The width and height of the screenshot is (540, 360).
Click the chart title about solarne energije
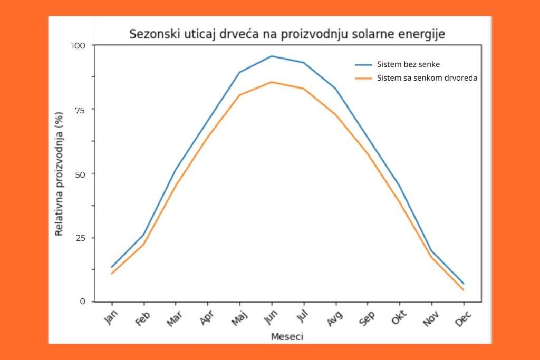[287, 35]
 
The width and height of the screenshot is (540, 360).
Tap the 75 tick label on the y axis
[80, 109]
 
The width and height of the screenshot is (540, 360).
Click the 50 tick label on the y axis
[80, 173]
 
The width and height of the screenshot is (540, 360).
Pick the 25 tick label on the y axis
[80, 238]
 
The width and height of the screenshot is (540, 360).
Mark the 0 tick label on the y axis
[82, 301]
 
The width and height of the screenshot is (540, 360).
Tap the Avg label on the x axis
[335, 318]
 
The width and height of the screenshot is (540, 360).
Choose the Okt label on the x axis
[399, 318]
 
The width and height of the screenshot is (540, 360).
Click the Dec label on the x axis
[463, 318]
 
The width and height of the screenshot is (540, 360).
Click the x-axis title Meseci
[287, 336]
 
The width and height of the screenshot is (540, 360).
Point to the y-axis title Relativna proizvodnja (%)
[60, 173]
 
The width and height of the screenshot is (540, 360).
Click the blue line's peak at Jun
[272, 56]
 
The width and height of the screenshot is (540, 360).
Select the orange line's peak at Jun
[272, 82]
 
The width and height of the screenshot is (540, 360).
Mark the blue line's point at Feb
[143, 235]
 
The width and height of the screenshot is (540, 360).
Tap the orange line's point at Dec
[464, 290]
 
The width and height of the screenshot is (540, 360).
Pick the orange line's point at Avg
[336, 114]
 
